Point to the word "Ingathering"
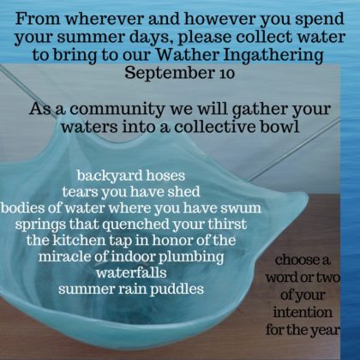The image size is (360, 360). coord(273,56)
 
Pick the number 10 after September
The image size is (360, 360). coord(226,74)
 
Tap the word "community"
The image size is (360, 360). coord(117,110)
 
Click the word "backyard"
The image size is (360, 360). coord(110,176)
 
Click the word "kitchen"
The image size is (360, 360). coord(78,240)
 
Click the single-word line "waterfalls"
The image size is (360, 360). coord(131,273)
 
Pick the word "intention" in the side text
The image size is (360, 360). coord(303,312)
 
